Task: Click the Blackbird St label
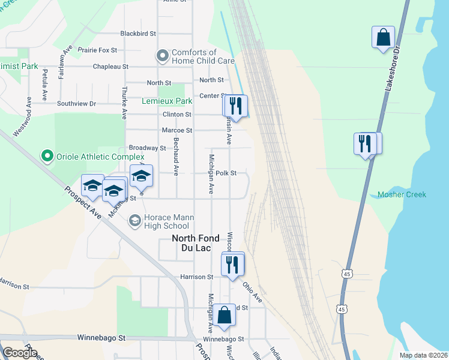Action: tap(138, 34)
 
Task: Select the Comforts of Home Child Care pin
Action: tap(162, 56)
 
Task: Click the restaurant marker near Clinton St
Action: tap(235, 106)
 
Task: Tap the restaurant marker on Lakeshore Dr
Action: tap(366, 144)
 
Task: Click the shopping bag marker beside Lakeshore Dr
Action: tap(383, 38)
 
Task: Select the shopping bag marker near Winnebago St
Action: tap(224, 316)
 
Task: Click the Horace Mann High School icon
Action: tap(134, 221)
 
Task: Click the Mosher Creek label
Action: tap(402, 194)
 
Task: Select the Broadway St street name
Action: tap(147, 148)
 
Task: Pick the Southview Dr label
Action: tap(76, 104)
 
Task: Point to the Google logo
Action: tap(20, 353)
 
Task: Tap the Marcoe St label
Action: tap(177, 130)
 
